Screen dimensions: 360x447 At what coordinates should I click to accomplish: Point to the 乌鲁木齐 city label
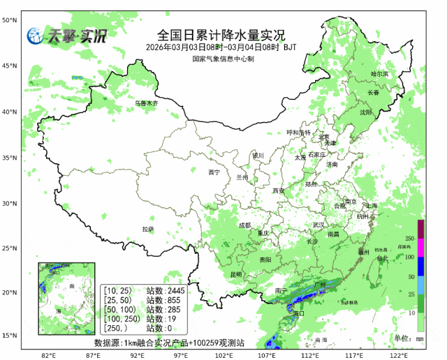pos(147,103)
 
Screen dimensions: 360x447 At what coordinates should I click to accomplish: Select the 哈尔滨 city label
pos(379,73)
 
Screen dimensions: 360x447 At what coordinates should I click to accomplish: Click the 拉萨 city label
pos(147,229)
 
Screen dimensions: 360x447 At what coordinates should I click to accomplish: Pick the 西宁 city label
pos(214,172)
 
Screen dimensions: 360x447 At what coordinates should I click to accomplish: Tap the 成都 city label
pos(244,225)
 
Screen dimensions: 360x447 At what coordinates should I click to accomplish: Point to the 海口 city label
pos(298,314)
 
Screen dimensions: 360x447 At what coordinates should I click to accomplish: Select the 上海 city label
pos(370,206)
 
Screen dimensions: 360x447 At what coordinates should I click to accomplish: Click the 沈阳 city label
pos(366,112)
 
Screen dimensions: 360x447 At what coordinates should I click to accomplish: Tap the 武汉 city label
pos(318,225)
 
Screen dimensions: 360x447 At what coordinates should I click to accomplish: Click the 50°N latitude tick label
pos(9,20)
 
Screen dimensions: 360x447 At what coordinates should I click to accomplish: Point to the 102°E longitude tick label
pos(224,355)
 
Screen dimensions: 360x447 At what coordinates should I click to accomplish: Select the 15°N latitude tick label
pos(9,336)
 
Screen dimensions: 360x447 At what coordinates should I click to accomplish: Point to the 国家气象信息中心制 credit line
pos(223,59)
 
